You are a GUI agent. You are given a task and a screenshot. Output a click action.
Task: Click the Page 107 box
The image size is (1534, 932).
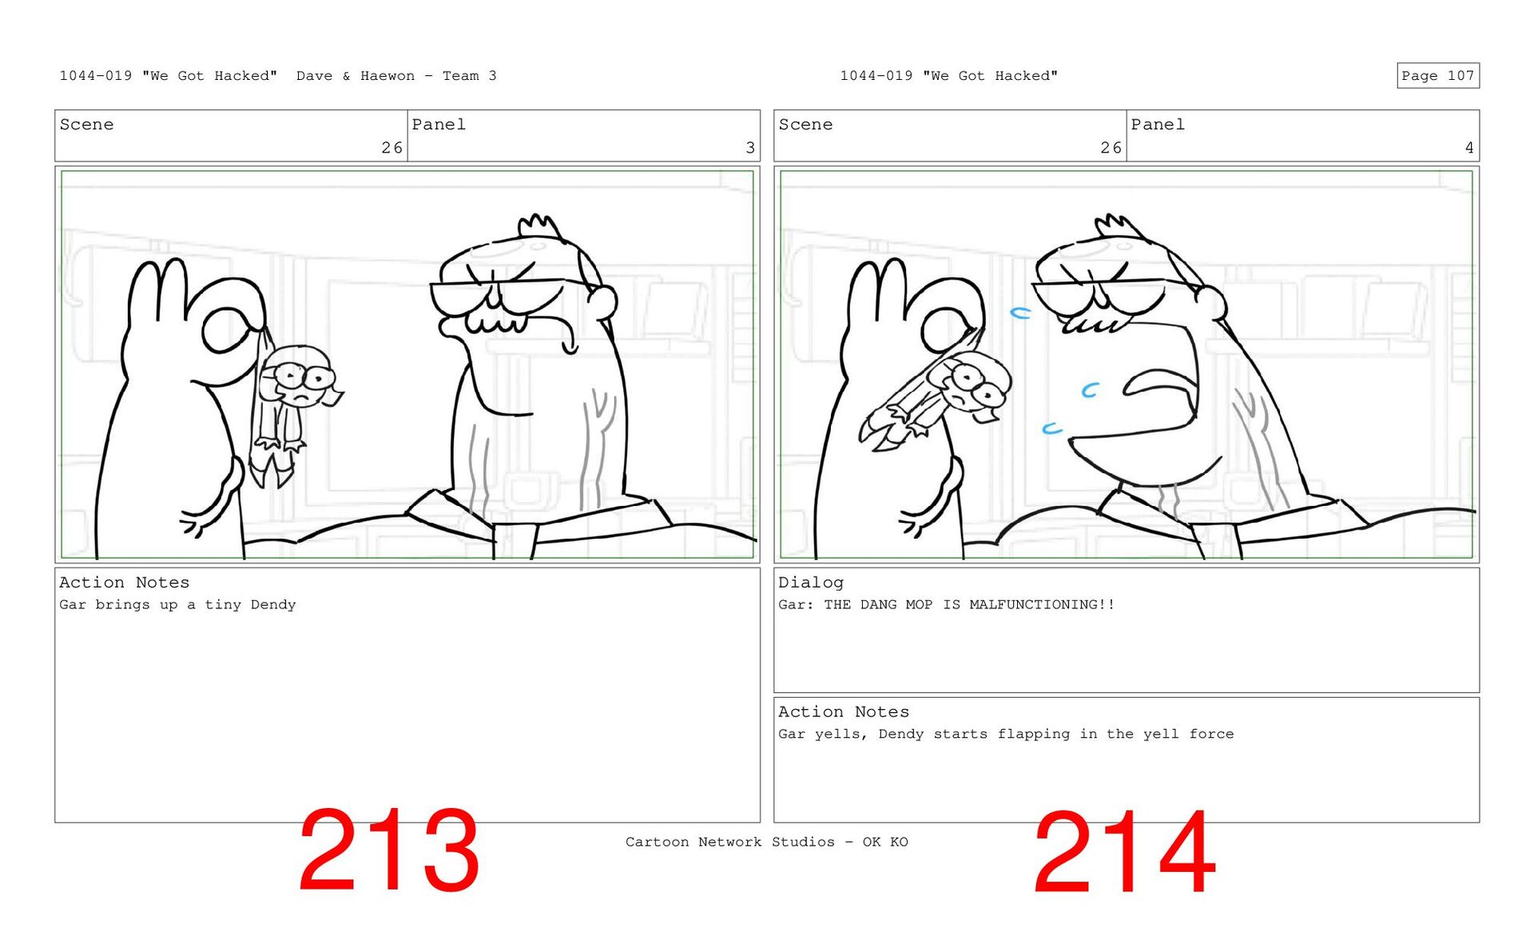pos(1437,76)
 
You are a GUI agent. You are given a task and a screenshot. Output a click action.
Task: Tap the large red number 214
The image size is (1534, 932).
pos(1124,852)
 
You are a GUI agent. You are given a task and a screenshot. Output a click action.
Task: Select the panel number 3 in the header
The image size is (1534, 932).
pos(749,148)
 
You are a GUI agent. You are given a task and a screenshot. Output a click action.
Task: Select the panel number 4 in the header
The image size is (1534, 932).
pos(1468,148)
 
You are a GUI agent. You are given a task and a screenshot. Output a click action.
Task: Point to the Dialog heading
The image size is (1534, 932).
pos(811,583)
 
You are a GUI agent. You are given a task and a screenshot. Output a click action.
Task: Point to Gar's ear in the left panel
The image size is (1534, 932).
pos(602,301)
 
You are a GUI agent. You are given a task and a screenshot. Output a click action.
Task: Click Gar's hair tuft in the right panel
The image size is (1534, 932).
pos(1121,226)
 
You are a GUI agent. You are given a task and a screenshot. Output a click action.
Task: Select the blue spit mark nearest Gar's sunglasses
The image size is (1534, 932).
pos(1020,313)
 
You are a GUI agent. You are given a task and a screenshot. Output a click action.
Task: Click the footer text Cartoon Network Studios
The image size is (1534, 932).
pos(730,842)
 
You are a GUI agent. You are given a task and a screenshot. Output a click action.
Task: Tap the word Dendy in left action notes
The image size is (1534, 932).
pos(273,605)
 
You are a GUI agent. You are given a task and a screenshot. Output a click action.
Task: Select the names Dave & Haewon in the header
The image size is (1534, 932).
pos(356,76)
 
